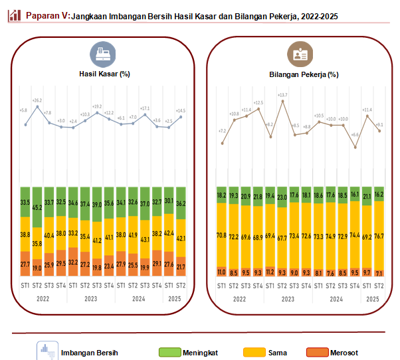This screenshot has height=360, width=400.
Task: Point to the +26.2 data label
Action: [x=37, y=101]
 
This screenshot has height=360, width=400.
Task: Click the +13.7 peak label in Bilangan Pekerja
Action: [x=282, y=95]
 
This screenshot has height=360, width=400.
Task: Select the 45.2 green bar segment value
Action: [x=37, y=207]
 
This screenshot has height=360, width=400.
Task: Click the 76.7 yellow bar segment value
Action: [x=379, y=236]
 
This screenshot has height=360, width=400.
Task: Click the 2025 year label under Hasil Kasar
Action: [x=174, y=298]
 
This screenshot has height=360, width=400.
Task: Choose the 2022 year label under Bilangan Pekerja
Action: [x=241, y=298]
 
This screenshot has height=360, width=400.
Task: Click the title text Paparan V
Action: [x=47, y=15]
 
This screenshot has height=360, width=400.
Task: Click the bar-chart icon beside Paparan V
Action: [x=14, y=15]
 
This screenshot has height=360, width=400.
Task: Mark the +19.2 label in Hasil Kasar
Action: [x=97, y=106]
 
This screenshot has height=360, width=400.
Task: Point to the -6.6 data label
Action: [x=355, y=135]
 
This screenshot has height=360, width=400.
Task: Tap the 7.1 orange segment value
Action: [x=379, y=272]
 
